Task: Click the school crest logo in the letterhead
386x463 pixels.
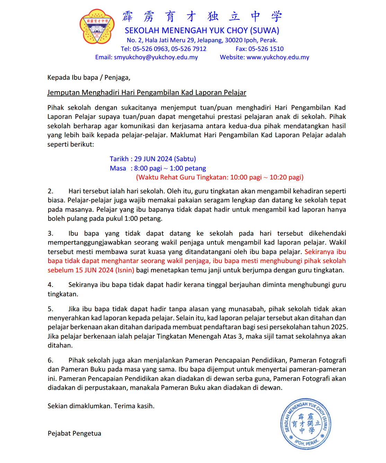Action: point(97,26)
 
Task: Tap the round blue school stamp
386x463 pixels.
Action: point(306,423)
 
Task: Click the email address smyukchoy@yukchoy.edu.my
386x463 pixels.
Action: point(156,57)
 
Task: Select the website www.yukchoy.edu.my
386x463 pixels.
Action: point(278,57)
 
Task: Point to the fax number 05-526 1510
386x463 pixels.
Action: point(266,49)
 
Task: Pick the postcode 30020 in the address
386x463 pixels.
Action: point(234,40)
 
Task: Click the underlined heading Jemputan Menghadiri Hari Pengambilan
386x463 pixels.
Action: point(147,93)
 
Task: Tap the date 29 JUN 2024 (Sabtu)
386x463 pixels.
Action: point(165,159)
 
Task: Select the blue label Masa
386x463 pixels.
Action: point(118,168)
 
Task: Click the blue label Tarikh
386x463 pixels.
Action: point(119,159)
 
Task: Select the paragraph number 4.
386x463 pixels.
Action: point(50,285)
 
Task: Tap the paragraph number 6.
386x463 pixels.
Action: point(50,360)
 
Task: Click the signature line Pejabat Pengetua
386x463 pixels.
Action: point(74,434)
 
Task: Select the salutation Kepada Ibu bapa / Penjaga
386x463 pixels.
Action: point(89,78)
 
